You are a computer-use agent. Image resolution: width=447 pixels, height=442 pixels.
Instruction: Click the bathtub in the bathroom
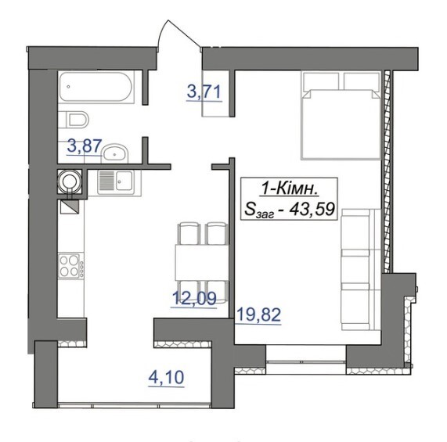tap(97, 87)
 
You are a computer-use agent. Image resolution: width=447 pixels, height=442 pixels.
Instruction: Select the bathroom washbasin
tap(115, 153)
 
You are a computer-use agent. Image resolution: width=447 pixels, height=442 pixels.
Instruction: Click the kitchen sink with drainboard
tap(115, 182)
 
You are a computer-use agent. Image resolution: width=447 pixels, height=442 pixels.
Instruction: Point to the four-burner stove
tap(70, 266)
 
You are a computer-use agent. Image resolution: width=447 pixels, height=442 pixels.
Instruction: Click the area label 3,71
tap(204, 93)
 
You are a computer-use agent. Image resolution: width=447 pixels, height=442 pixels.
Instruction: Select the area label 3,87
tap(84, 147)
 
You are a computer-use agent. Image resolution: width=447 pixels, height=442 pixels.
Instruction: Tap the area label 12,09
tap(194, 300)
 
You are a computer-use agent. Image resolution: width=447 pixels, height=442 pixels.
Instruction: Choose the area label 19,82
tap(259, 315)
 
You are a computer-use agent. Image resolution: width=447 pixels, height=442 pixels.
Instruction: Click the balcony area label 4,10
tap(166, 378)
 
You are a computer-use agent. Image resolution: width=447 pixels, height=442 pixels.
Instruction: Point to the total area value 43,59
tap(312, 210)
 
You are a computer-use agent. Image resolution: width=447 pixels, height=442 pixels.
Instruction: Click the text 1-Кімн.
tap(290, 189)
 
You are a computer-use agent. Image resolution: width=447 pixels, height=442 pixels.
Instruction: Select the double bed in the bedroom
tap(341, 115)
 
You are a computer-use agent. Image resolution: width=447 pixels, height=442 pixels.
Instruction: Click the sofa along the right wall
tap(361, 269)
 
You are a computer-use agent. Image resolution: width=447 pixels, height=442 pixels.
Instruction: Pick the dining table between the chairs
tap(202, 262)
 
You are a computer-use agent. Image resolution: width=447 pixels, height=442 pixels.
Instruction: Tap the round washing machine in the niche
tap(69, 181)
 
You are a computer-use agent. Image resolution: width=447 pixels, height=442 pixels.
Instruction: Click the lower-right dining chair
tap(217, 291)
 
